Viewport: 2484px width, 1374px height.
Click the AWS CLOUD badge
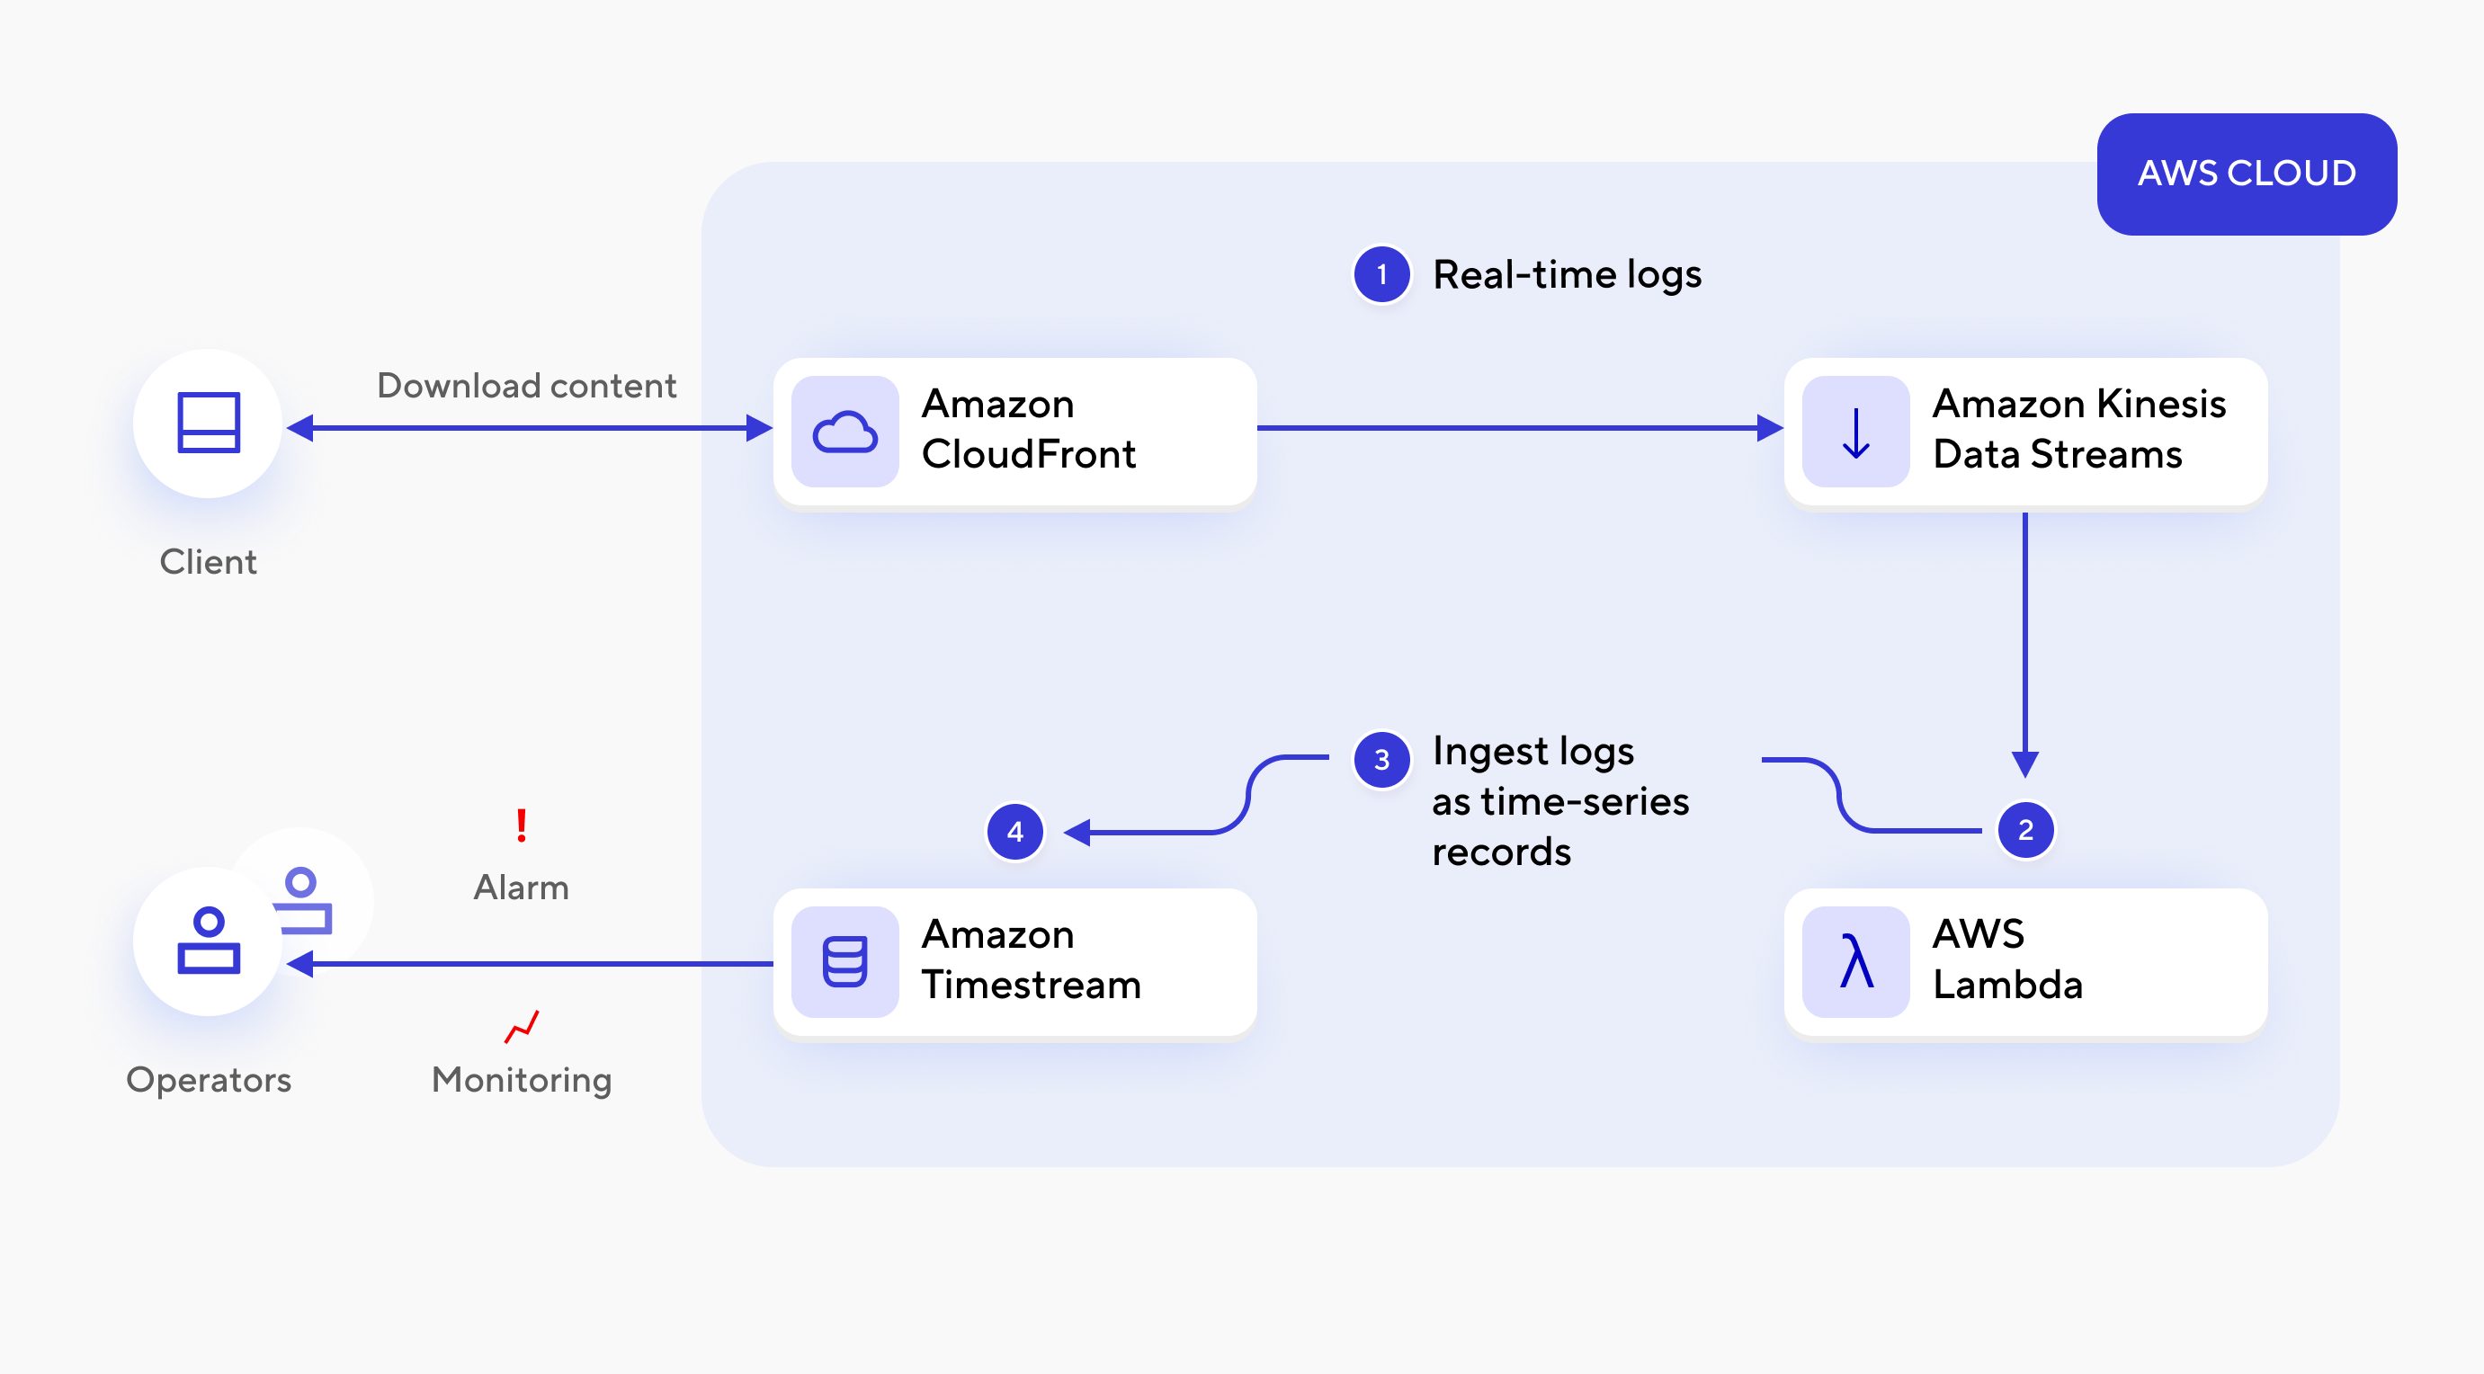(x=2246, y=174)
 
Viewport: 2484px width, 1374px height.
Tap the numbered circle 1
(x=1381, y=275)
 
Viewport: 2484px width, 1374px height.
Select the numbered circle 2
(x=2025, y=830)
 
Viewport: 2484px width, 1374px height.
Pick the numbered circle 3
(x=1381, y=760)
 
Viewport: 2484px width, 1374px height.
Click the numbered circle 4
(x=1014, y=831)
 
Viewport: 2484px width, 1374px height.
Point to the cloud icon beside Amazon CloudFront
(x=844, y=432)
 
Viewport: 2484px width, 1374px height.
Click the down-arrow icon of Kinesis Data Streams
(x=1855, y=432)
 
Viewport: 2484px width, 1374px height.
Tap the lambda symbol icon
(x=1855, y=961)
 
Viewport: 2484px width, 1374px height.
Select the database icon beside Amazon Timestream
(x=844, y=961)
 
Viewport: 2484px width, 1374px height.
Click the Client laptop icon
(x=209, y=424)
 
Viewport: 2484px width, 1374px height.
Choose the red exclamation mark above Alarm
(x=522, y=825)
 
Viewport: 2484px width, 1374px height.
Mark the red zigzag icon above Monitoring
(x=522, y=1027)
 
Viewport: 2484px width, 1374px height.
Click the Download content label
(x=526, y=386)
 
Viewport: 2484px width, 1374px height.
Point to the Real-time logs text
(x=1567, y=275)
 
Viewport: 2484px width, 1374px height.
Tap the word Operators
(x=209, y=1080)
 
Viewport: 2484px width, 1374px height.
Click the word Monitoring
(x=522, y=1080)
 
